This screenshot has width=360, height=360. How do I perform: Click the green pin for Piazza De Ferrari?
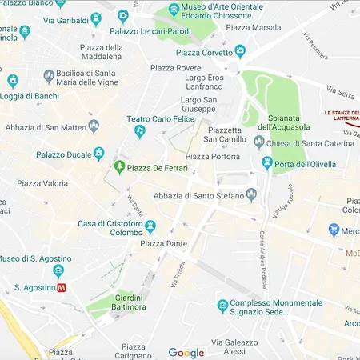(119, 167)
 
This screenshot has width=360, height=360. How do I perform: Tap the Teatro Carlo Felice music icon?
(140, 131)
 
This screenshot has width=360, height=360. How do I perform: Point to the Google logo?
(186, 353)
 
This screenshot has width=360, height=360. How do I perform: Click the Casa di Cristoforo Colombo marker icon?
(149, 226)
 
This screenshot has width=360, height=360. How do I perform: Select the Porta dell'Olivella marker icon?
(267, 163)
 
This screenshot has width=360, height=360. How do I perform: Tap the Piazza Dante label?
(162, 243)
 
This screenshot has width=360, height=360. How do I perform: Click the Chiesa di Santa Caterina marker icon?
(258, 142)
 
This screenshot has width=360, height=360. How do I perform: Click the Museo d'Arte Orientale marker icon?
(174, 10)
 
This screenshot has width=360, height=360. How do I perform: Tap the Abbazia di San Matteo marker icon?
(94, 126)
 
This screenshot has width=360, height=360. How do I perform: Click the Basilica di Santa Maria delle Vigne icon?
(12, 81)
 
